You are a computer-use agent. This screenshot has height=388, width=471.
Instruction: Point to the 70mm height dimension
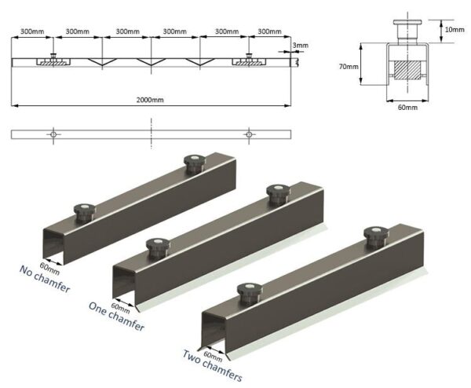click(x=349, y=67)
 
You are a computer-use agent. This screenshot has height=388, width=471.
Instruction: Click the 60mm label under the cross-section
click(x=407, y=108)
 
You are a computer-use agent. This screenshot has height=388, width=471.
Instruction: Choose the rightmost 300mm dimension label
click(x=269, y=31)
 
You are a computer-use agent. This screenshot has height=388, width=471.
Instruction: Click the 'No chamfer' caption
click(x=42, y=279)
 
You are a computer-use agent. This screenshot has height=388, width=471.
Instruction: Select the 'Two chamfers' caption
click(x=212, y=364)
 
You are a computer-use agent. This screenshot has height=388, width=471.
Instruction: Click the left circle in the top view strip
click(x=53, y=134)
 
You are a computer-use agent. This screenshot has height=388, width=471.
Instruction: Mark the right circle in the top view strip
click(x=249, y=134)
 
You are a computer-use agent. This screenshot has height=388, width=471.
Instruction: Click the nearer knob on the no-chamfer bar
click(x=83, y=210)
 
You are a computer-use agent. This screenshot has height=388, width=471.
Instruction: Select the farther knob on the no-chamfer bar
click(x=192, y=163)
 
